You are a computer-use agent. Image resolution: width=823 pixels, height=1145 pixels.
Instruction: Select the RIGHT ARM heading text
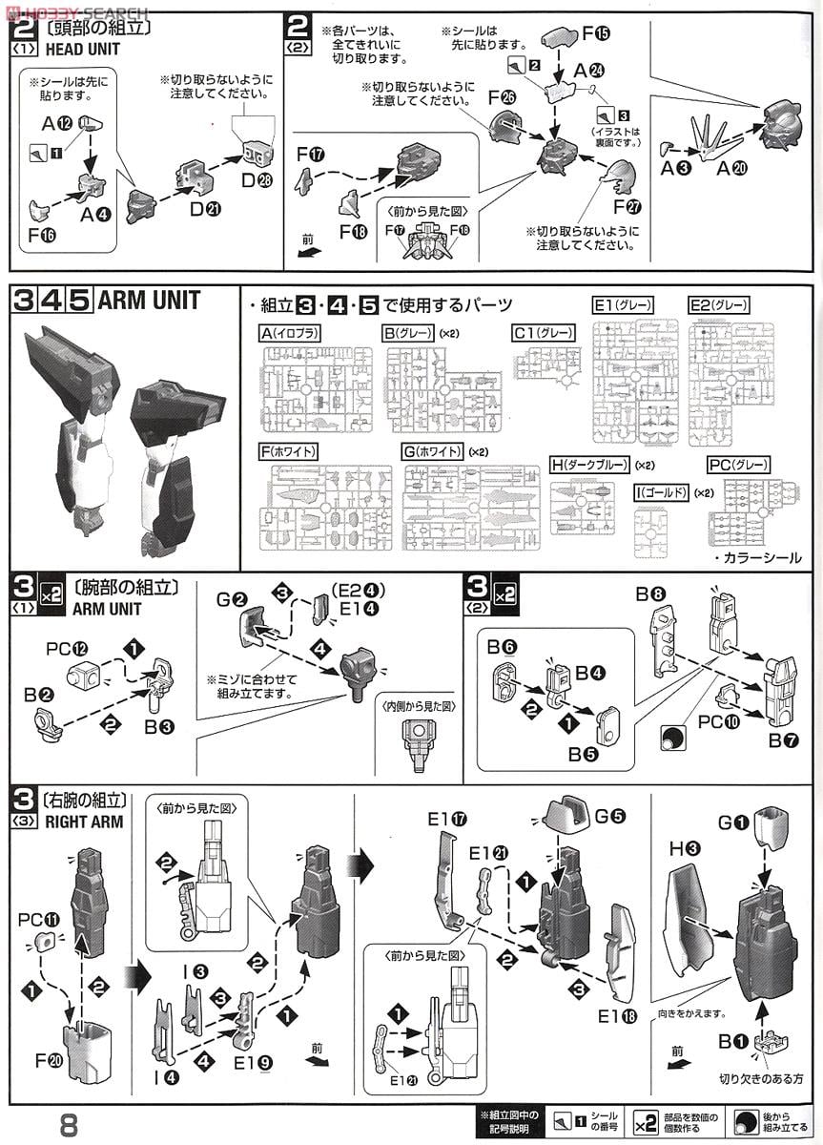[84, 822]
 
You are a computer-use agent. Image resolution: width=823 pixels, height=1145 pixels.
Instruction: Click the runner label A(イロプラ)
[290, 333]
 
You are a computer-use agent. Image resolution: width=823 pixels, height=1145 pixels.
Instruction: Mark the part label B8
[651, 593]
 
